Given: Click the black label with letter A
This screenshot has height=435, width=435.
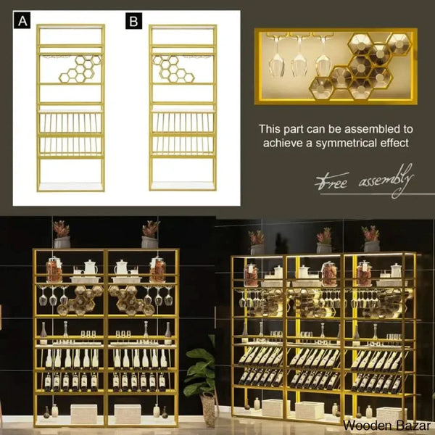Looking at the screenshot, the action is pyautogui.click(x=22, y=20).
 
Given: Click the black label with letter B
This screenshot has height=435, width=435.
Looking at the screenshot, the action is pyautogui.click(x=133, y=20).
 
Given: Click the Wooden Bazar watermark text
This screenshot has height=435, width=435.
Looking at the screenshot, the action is pyautogui.click(x=386, y=426).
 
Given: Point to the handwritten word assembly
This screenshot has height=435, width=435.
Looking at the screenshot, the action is pyautogui.click(x=386, y=181).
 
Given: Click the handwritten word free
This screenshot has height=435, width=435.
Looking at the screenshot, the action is pyautogui.click(x=332, y=181).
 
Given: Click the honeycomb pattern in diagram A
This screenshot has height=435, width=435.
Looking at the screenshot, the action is pyautogui.click(x=80, y=69).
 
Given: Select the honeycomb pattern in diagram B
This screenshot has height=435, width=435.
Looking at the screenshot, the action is pyautogui.click(x=173, y=69).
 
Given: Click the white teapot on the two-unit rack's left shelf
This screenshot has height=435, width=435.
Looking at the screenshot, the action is pyautogui.click(x=91, y=267).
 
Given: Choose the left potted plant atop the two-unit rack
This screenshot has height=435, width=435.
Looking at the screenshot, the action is pyautogui.click(x=62, y=234).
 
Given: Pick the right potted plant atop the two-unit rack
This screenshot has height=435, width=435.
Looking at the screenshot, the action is pyautogui.click(x=150, y=234).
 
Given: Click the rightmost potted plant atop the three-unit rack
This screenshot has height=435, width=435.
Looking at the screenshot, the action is pyautogui.click(x=371, y=239).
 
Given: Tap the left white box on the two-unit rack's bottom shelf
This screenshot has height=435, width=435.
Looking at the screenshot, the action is pyautogui.click(x=84, y=414).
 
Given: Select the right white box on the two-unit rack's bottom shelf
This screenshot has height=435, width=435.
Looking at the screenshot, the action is pyautogui.click(x=128, y=414).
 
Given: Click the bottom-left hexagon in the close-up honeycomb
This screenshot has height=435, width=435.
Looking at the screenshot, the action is pyautogui.click(x=321, y=88).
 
